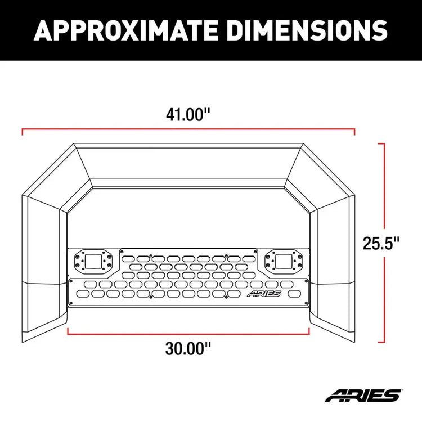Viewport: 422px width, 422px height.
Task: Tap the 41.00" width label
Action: [x=188, y=114]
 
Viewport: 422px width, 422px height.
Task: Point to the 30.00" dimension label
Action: [x=188, y=349]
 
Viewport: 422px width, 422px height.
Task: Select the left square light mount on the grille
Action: [x=92, y=261]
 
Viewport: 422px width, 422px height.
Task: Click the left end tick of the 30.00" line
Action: [x=68, y=330]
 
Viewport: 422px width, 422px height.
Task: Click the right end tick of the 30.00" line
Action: [x=309, y=330]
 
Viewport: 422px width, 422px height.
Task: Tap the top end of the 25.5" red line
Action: [x=384, y=144]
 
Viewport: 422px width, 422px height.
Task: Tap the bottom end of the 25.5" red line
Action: [x=384, y=342]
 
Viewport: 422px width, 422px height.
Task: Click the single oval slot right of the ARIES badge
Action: [x=294, y=294]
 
